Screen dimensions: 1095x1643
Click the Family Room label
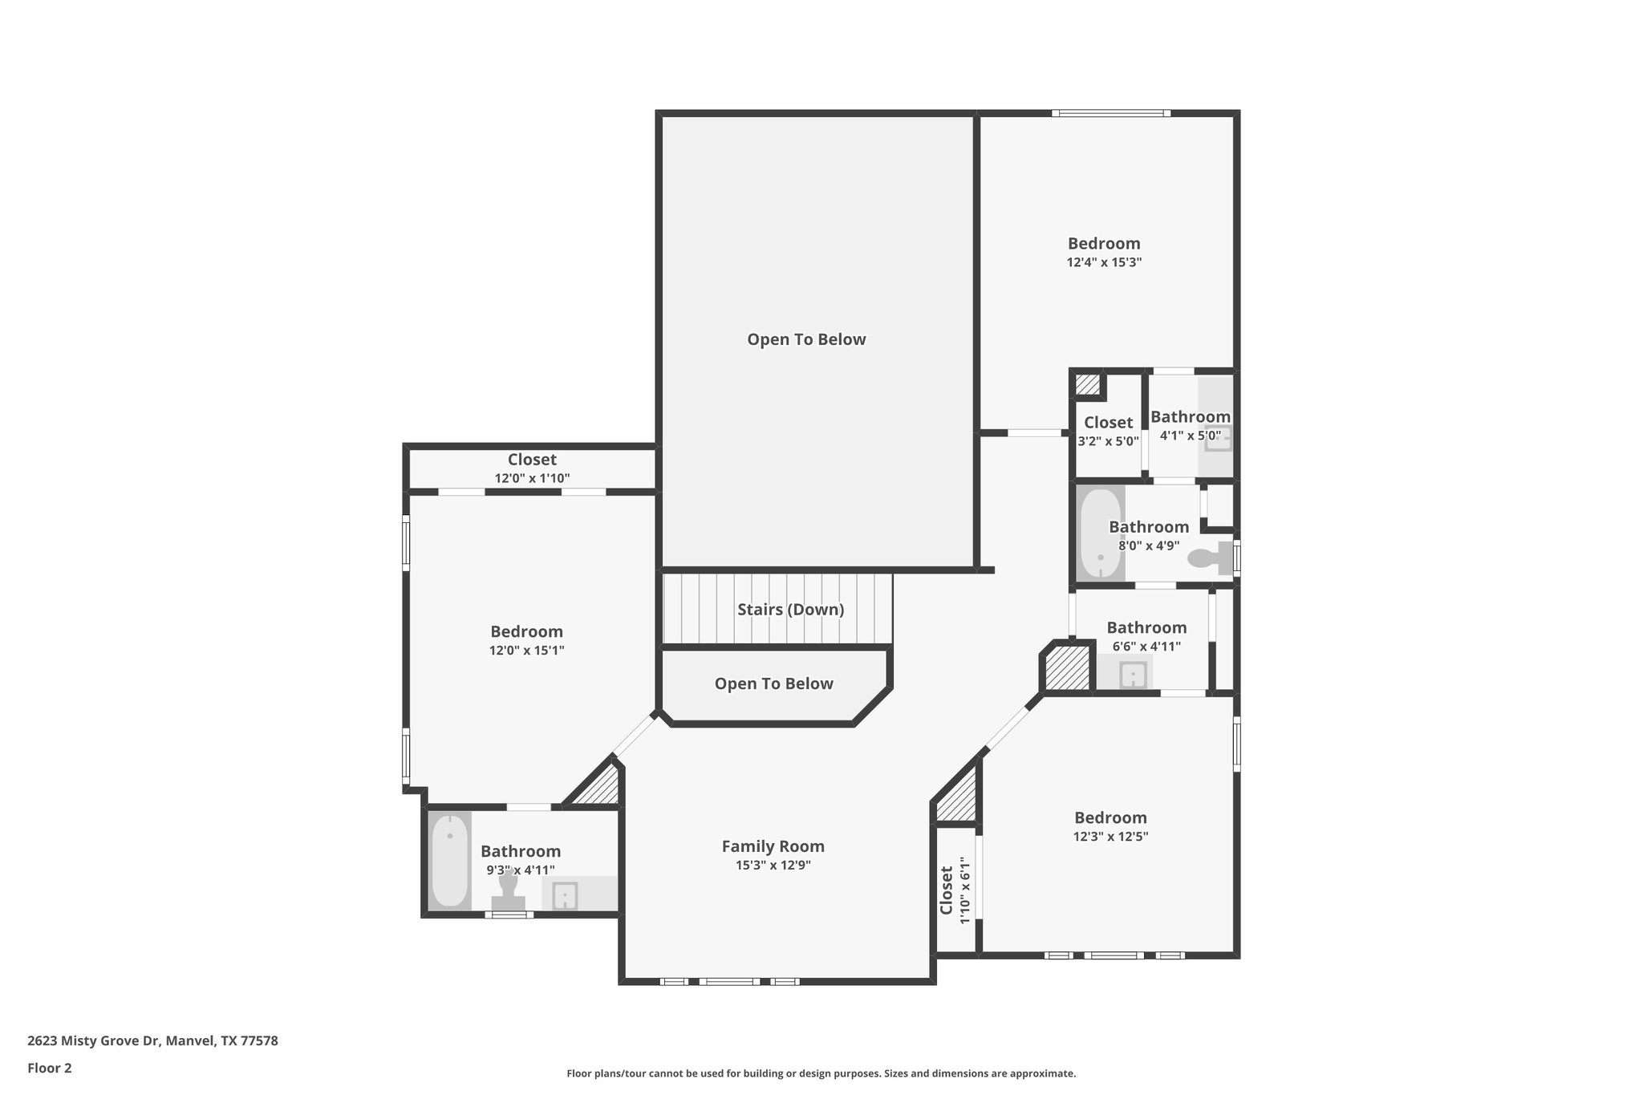click(x=773, y=846)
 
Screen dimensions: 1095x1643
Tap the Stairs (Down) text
click(x=790, y=610)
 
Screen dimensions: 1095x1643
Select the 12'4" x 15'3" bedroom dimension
click(x=1104, y=262)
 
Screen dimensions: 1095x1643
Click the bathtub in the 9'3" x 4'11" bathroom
click(x=449, y=861)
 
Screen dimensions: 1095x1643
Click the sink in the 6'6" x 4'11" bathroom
click(x=1132, y=675)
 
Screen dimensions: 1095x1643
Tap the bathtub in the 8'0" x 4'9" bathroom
click(x=1100, y=534)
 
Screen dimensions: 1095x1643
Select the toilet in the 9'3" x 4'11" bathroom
click(x=508, y=890)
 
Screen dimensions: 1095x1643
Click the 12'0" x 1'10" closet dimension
click(x=532, y=478)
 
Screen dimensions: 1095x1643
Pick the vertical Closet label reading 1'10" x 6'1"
click(x=947, y=890)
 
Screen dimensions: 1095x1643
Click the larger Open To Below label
click(x=806, y=339)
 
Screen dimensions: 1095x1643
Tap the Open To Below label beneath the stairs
click(x=773, y=683)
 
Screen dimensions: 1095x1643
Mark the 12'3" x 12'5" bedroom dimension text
click(x=1110, y=836)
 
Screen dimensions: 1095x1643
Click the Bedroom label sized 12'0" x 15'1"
click(x=526, y=631)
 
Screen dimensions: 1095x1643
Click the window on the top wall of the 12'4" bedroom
click(x=1110, y=113)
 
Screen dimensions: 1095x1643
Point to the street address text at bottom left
click(x=152, y=1041)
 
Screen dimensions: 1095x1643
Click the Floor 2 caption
click(x=50, y=1068)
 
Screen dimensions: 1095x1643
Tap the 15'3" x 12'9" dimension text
click(x=773, y=866)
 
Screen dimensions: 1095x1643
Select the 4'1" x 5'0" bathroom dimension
click(x=1190, y=436)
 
